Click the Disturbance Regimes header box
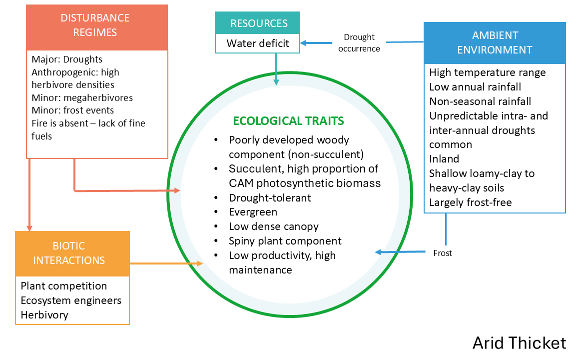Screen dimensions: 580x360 tap(97, 27)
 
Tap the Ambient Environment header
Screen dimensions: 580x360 tap(495, 42)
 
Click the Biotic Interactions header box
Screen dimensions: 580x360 tap(72, 253)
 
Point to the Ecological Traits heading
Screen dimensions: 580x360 tap(289, 120)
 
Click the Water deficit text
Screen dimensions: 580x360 tap(258, 43)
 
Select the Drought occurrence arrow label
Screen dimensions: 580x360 tap(359, 42)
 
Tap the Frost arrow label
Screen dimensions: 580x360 tap(443, 253)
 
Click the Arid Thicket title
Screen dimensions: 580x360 tap(520, 343)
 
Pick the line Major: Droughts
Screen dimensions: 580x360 tap(67, 59)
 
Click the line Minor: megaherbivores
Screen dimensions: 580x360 tap(82, 98)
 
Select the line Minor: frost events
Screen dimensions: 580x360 tap(72, 110)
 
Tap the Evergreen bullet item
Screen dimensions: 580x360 tap(253, 212)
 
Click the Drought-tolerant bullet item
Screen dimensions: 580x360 tap(270, 198)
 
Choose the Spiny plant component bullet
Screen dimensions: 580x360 tap(285, 240)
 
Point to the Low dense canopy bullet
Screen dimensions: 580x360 tap(274, 226)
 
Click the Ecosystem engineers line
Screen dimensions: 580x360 tap(71, 300)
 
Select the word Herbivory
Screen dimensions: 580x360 tap(44, 315)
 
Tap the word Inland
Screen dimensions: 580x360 tap(444, 159)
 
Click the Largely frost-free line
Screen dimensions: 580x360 tap(471, 202)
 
